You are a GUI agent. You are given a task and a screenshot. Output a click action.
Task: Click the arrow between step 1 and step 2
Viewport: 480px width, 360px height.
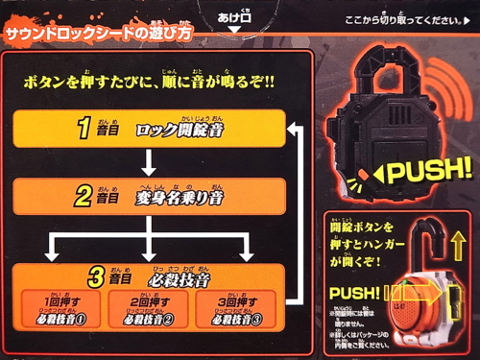(149, 164)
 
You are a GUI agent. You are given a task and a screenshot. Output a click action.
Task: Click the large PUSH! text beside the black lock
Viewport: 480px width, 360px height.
(430, 174)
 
